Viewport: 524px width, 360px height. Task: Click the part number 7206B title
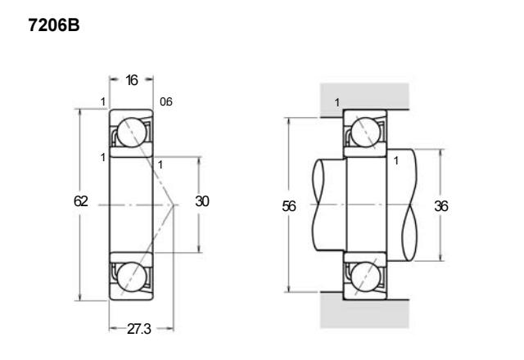point(54,25)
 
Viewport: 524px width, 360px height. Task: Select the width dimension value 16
point(132,80)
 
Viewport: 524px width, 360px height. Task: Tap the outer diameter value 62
point(81,201)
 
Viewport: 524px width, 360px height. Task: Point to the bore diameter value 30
point(202,201)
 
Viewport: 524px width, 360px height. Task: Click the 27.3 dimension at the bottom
point(139,329)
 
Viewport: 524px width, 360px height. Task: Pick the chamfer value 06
point(166,101)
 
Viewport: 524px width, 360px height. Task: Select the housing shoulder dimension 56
point(289,206)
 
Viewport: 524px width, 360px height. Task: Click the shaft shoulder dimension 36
point(441,206)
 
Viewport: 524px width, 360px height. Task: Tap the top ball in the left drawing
point(132,133)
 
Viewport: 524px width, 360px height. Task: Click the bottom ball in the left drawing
point(132,277)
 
